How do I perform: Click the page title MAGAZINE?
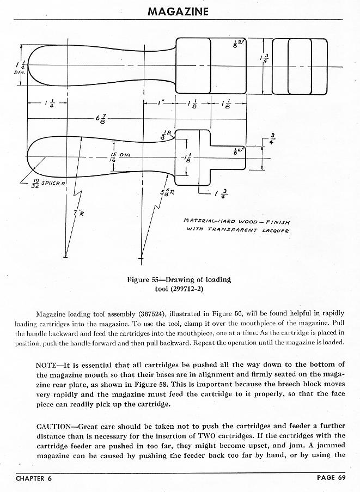pos(178,11)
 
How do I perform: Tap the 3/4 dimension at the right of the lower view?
pos(273,139)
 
